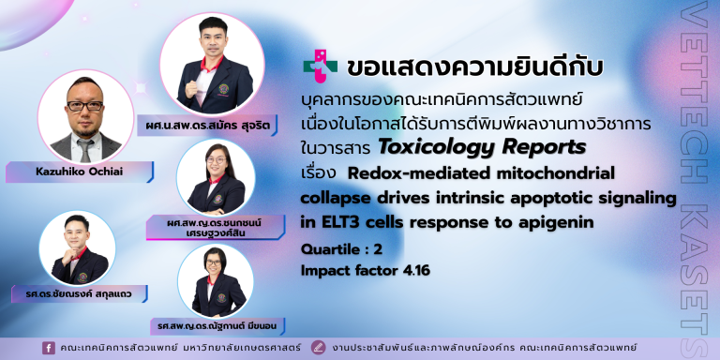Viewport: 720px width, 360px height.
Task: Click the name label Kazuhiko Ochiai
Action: pyautogui.click(x=79, y=172)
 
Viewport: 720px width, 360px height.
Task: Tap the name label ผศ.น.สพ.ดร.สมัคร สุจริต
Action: pyautogui.click(x=207, y=125)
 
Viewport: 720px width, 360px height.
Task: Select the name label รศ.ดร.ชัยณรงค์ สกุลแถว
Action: pyautogui.click(x=79, y=293)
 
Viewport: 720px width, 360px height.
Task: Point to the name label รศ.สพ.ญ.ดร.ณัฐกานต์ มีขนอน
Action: pyautogui.click(x=218, y=325)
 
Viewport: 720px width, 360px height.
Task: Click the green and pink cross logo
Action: pyautogui.click(x=320, y=67)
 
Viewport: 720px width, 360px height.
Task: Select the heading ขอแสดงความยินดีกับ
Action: pyautogui.click(x=474, y=67)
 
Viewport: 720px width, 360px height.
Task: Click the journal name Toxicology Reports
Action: pyautogui.click(x=482, y=148)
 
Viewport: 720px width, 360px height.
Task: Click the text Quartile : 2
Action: pyautogui.click(x=341, y=249)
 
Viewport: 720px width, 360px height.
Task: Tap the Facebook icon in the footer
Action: pyautogui.click(x=48, y=348)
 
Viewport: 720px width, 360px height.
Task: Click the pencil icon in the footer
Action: pyautogui.click(x=317, y=348)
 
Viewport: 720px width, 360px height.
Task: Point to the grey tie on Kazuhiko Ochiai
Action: pyautogui.click(x=85, y=150)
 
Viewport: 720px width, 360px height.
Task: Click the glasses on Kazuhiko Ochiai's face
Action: pyautogui.click(x=85, y=106)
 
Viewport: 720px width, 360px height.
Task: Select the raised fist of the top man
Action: pyautogui.click(x=191, y=88)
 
